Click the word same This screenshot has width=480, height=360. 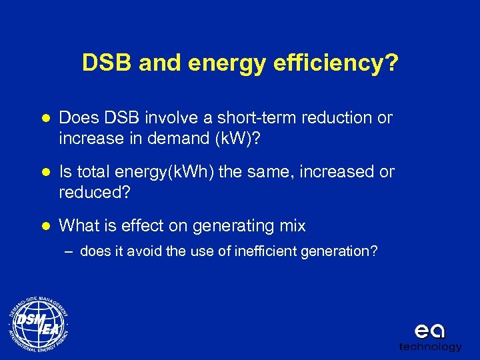coord(257,172)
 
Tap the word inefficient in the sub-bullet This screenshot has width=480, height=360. coord(260,251)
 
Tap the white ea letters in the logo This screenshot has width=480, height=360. coord(430,331)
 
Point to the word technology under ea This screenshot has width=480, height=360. coord(430,347)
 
